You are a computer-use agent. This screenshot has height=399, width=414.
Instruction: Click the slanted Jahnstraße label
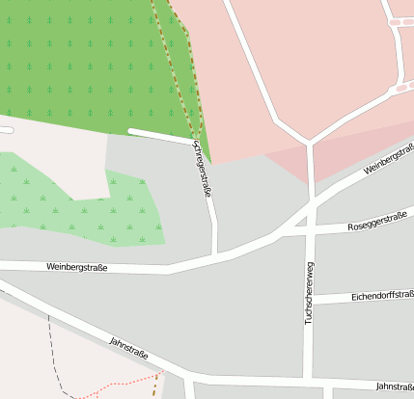129,348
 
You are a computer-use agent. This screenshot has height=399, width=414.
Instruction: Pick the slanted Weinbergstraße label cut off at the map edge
389,158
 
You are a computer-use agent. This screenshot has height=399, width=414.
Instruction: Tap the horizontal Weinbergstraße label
76,267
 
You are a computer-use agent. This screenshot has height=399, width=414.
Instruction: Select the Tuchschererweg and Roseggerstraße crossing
310,231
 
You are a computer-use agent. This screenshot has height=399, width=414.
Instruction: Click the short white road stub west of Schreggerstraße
159,136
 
